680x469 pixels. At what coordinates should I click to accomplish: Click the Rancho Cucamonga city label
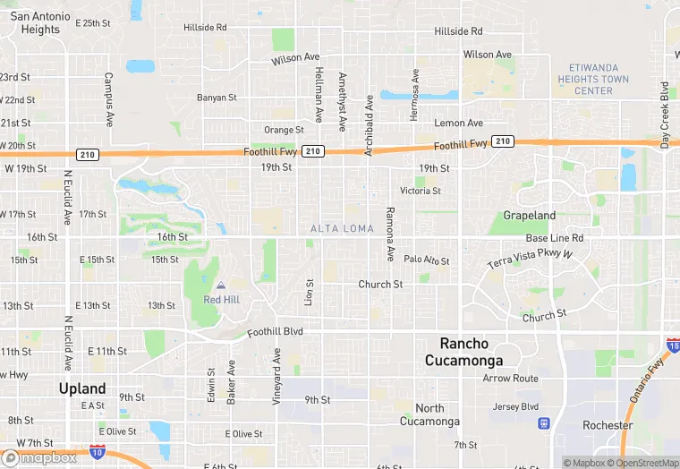471,352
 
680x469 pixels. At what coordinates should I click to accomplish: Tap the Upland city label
82,388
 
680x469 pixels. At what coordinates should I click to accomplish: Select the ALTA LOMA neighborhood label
342,229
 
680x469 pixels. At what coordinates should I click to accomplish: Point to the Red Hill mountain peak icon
221,286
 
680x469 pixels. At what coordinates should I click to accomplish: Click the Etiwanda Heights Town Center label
599,80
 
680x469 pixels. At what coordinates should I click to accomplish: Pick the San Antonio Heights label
40,22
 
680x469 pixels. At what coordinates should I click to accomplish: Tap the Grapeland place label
530,216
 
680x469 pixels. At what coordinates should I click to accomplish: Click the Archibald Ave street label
369,126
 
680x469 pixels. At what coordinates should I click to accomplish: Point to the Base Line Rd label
554,238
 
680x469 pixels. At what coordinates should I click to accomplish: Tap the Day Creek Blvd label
665,116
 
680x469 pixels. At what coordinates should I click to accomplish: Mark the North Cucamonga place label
429,414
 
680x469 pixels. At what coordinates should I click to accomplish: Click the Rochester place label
608,425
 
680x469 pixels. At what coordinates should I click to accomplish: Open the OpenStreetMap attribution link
635,463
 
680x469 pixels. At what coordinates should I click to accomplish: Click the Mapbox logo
39,457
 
